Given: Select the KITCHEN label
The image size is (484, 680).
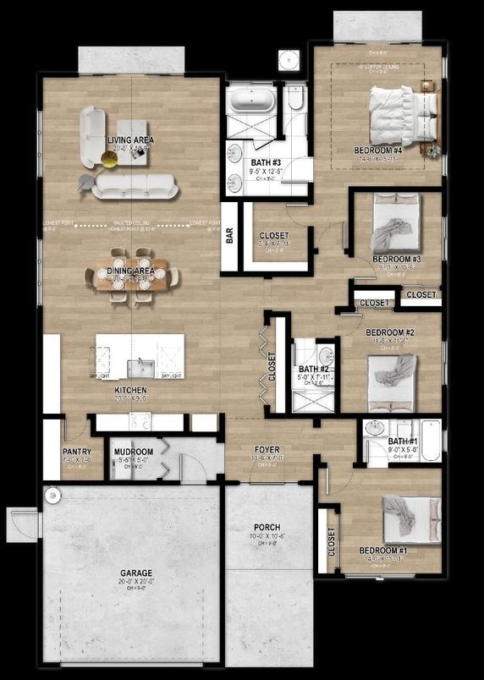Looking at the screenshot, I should (130, 391).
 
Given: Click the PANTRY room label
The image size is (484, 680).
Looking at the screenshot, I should (76, 452).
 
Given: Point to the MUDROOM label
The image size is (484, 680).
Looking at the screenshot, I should (135, 452).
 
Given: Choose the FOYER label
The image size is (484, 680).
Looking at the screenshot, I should (267, 450).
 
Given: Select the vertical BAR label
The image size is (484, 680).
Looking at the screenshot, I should (229, 238).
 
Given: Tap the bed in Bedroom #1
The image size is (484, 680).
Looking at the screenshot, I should (410, 517).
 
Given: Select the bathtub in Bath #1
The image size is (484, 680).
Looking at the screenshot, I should (431, 441).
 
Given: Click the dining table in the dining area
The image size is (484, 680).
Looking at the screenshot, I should (131, 278).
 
